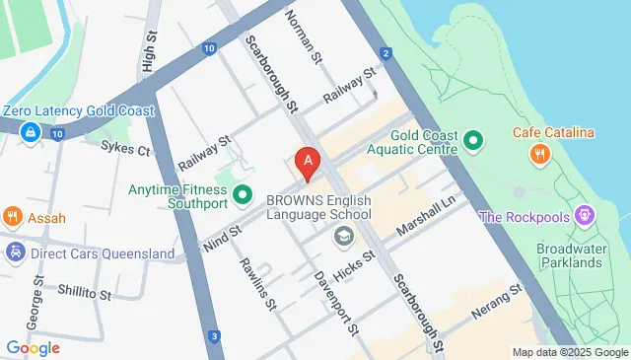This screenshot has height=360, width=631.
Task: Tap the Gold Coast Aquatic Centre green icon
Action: coord(473,140)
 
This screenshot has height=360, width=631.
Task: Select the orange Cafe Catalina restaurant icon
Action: coord(538,153)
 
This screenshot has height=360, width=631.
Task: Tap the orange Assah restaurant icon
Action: coord(13,216)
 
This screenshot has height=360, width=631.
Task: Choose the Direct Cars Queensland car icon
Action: coord(15,252)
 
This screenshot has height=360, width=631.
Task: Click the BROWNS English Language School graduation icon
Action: coord(343,235)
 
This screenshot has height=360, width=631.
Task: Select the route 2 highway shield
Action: coord(385,53)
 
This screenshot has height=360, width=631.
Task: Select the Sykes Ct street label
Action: coord(125,150)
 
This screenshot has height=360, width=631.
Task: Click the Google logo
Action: coord(33,347)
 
